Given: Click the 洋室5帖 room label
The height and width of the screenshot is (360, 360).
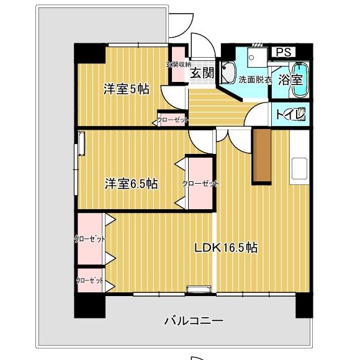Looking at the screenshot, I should coord(126,89).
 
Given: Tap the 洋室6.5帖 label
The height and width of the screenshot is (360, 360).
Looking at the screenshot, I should coord(130,184).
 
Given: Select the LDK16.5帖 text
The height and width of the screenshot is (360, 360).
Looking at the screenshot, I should coord(226,248).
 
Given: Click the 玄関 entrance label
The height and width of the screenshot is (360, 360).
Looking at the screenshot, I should coord(202,73).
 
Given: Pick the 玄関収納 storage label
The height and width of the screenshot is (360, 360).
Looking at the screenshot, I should coord(178,65).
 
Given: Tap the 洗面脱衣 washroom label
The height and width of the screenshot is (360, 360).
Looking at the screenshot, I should coord(256,80).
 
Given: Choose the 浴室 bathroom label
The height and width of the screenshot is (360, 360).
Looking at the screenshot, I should coord(290,79).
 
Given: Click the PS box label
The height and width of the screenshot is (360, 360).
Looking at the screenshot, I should coord(282,52).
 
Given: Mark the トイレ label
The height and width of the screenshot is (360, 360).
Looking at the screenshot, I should coord(290,114).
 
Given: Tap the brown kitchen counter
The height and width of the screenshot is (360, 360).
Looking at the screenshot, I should coord(262,155).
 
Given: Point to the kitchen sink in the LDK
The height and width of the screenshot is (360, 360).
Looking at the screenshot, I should coord(299,167).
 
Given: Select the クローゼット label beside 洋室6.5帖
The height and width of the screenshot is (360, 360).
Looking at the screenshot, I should coord(200,184).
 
